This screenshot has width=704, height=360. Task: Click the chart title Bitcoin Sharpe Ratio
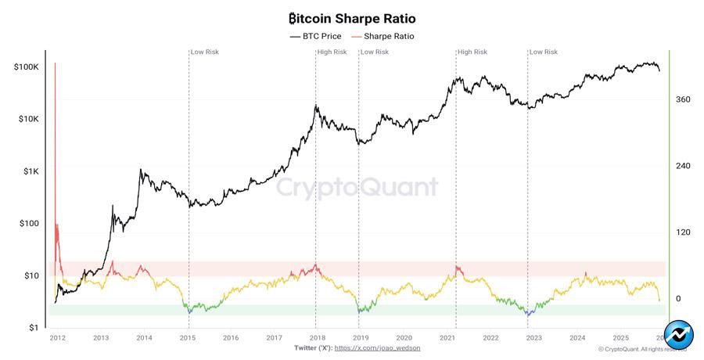pyautogui.click(x=352, y=18)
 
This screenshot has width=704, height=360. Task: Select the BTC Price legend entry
pyautogui.click(x=317, y=36)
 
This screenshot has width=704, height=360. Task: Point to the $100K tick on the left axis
pyautogui.click(x=27, y=67)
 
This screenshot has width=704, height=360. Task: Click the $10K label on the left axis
pyautogui.click(x=28, y=119)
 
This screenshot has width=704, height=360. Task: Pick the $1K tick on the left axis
pyautogui.click(x=31, y=171)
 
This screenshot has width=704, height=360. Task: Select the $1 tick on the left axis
pyautogui.click(x=34, y=328)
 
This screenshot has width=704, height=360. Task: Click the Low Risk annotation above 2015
pyautogui.click(x=205, y=52)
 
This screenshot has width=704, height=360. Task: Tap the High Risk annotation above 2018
pyautogui.click(x=332, y=52)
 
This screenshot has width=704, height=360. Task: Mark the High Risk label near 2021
pyautogui.click(x=472, y=52)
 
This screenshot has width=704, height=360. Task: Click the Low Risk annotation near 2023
pyautogui.click(x=544, y=52)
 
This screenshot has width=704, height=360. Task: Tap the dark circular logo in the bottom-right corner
pyautogui.click(x=679, y=334)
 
